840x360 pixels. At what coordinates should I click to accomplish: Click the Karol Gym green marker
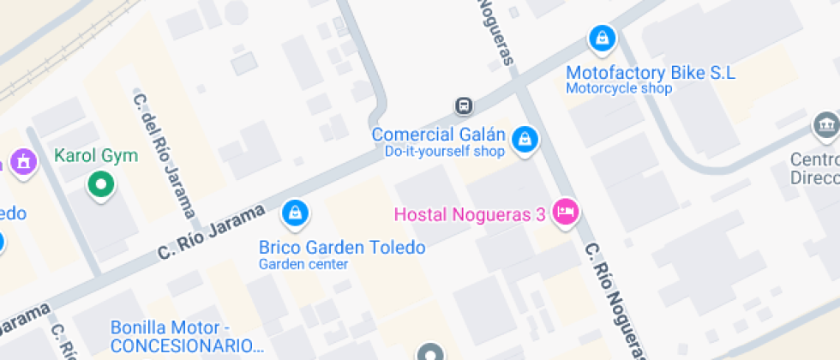(102, 184)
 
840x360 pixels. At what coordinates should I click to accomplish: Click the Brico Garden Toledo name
(342, 248)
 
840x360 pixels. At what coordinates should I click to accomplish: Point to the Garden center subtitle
(303, 264)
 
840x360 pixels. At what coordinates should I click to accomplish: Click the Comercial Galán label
(437, 135)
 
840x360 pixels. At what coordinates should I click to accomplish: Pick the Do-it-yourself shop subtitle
(443, 152)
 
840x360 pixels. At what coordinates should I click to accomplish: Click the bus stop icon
(464, 105)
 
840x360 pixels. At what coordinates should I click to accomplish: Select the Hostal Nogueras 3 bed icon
(565, 211)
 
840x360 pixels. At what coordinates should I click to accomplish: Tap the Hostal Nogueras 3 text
(469, 214)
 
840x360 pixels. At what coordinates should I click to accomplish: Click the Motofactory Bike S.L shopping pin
(603, 39)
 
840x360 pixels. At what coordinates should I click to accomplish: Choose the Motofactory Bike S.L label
(651, 73)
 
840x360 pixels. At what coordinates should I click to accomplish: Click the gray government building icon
(826, 126)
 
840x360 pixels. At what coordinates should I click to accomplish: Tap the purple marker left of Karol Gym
(21, 160)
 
